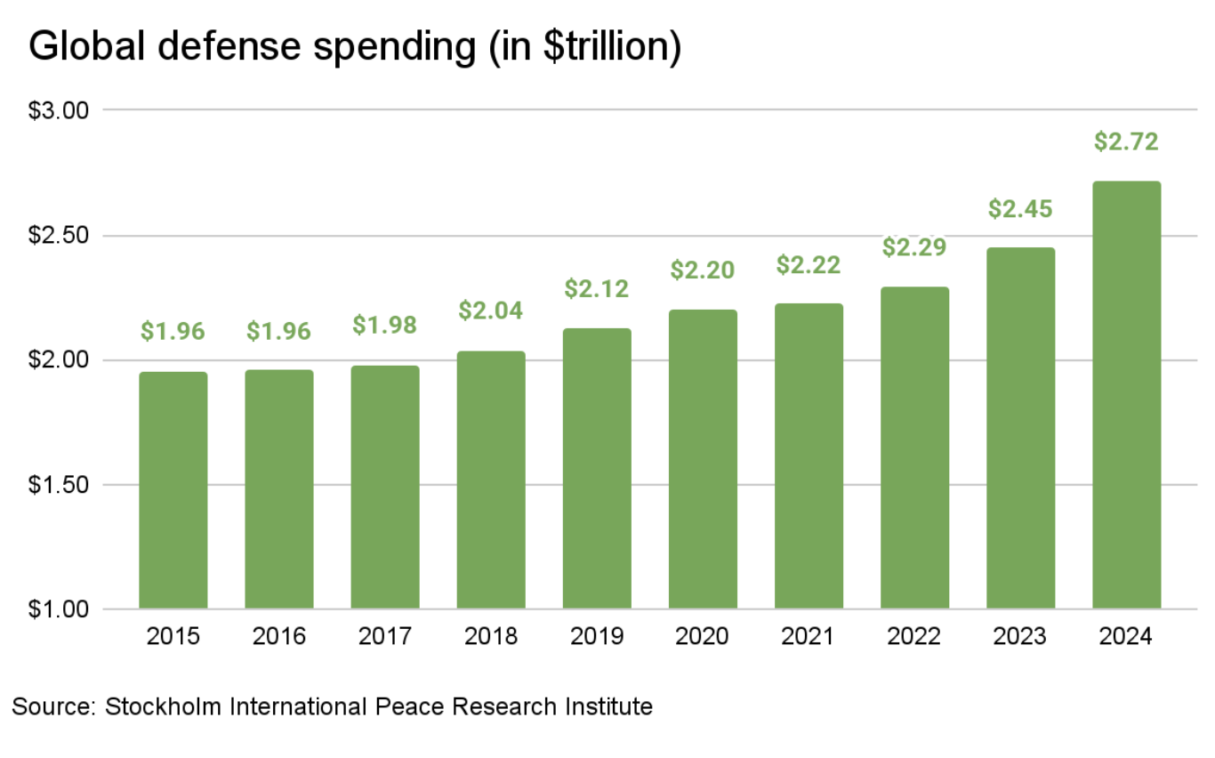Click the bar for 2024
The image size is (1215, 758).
click(x=1126, y=395)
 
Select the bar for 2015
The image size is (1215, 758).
click(x=173, y=490)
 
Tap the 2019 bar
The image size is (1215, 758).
click(x=597, y=469)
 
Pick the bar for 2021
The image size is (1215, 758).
click(x=809, y=456)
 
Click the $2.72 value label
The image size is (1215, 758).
click(x=1126, y=142)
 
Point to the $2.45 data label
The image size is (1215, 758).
click(x=1020, y=209)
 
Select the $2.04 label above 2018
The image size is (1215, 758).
click(x=491, y=311)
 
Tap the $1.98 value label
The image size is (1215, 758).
click(x=384, y=325)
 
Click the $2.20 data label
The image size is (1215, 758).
click(x=703, y=270)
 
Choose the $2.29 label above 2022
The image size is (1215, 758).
click(x=914, y=246)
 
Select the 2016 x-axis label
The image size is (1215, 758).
click(x=278, y=637)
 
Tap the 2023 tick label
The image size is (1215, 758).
click(x=1020, y=637)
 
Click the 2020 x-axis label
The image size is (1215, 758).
click(x=703, y=637)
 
